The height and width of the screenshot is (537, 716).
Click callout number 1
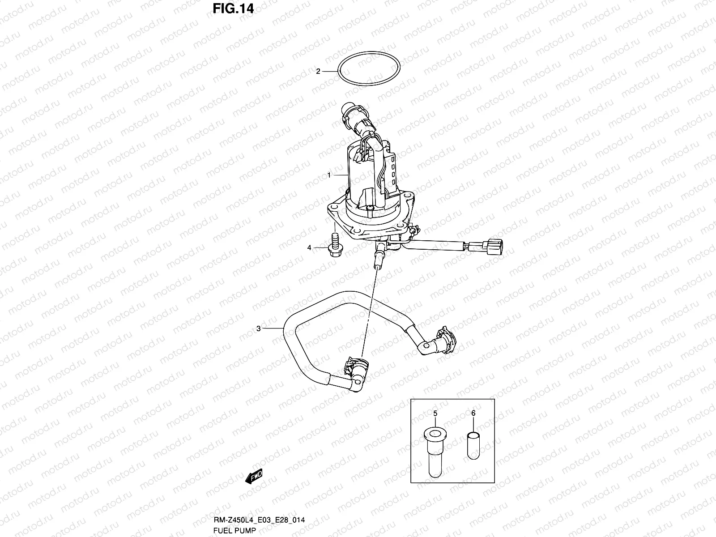click(x=329, y=175)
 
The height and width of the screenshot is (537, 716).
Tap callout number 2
click(x=318, y=71)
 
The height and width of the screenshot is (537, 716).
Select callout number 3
click(x=258, y=328)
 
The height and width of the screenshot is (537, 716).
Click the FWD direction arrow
click(x=254, y=477)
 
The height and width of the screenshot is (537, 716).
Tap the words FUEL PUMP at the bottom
click(x=235, y=531)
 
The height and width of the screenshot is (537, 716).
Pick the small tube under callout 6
click(x=473, y=445)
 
